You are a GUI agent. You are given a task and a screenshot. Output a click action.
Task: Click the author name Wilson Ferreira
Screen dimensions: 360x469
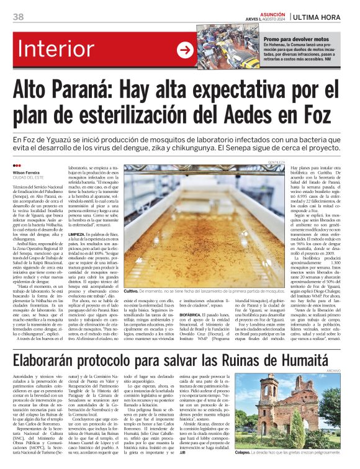click(27, 172)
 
